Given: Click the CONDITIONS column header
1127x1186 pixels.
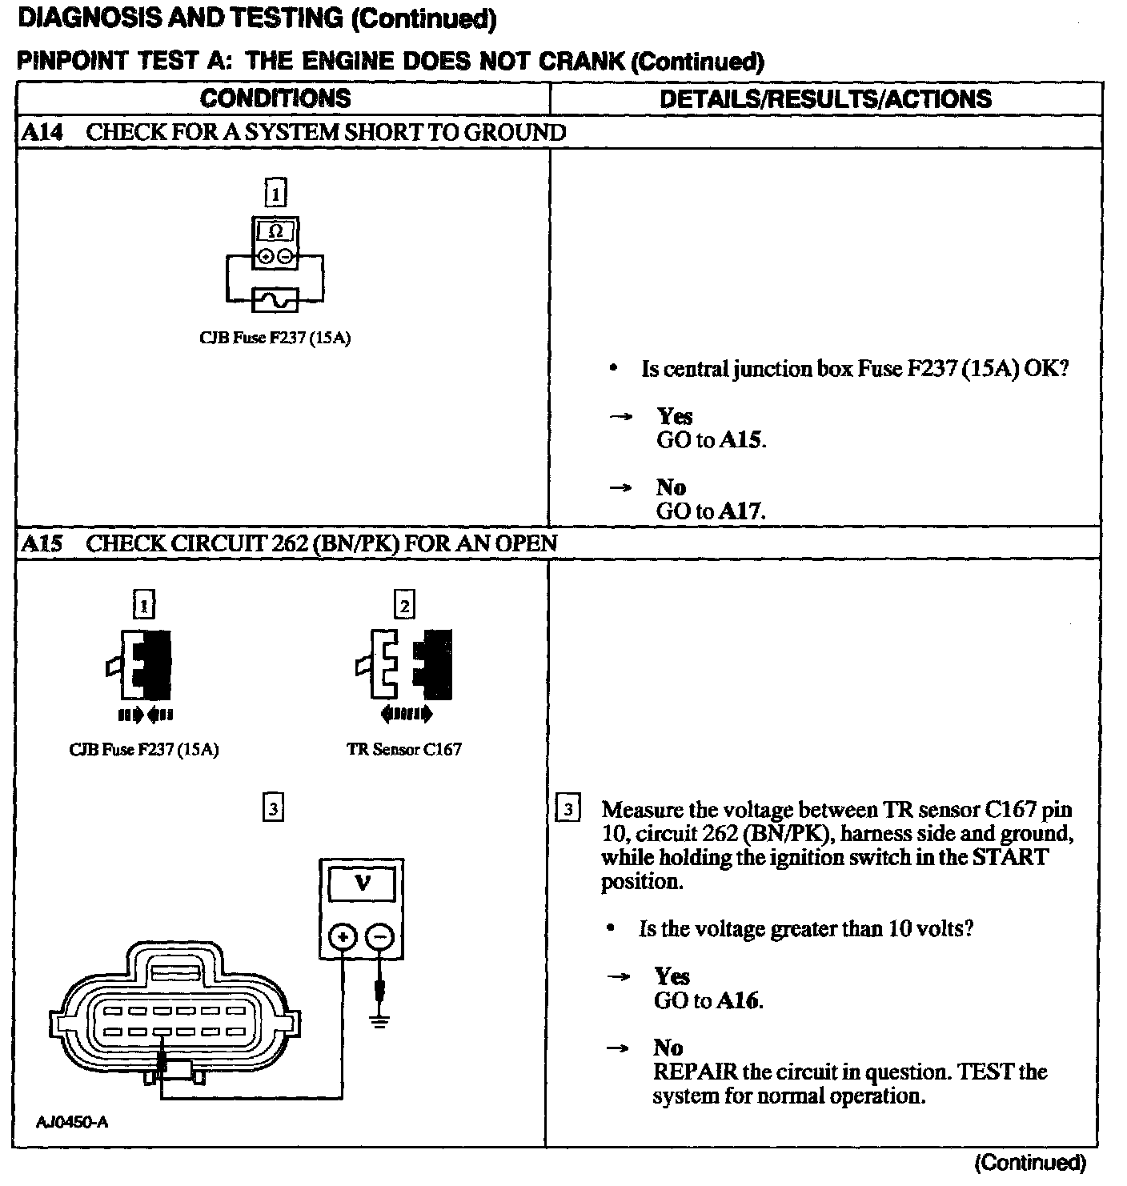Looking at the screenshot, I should pos(275,98).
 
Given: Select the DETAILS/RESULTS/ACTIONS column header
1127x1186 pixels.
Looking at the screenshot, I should pos(825,98).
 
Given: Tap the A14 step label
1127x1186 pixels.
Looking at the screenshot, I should pos(41,132).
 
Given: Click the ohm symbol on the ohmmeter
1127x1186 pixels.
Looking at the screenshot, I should pos(275,231).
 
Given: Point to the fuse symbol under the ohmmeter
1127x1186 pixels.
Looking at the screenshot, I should pos(275,300).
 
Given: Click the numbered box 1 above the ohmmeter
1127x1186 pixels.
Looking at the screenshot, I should pos(275,193).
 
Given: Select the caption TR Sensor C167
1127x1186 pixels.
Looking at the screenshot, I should pos(404,750).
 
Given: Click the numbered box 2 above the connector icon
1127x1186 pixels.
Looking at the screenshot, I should pos(404,606).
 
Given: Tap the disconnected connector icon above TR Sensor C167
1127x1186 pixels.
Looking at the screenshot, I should pos(404,664).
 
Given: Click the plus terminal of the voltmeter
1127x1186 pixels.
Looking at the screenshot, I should pos(343,937).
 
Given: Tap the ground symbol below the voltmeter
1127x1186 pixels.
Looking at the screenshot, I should pos(380,1022).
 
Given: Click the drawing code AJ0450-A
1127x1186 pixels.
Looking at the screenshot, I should pos(73,1121).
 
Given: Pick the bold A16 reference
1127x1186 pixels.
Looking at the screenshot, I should pos(738,1000).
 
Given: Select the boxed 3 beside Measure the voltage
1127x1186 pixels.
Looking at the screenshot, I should pos(568,809).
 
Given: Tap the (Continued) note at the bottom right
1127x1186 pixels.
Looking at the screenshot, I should pos(1030,1163).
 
